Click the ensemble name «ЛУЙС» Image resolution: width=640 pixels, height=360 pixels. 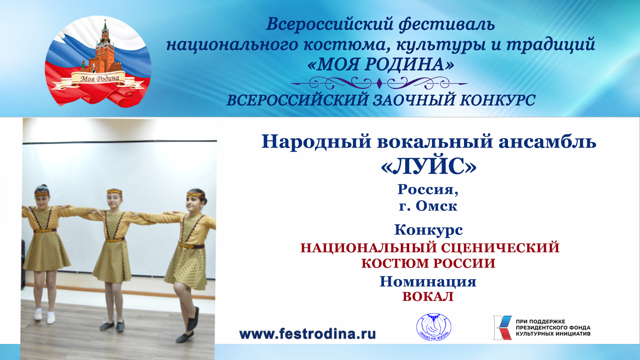coord(428,167)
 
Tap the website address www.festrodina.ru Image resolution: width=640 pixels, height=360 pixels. coord(308,334)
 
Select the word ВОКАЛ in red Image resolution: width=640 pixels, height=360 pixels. coord(428,296)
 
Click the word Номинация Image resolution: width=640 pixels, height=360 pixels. coord(428,282)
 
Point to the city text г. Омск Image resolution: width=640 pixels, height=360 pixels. coord(428,206)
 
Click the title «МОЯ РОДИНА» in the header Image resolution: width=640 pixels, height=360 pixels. coord(381,64)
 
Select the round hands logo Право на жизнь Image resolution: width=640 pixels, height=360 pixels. coord(434,327)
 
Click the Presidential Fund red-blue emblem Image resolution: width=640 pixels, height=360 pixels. coord(503,328)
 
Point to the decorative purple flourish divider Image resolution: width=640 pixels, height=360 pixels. coord(379,84)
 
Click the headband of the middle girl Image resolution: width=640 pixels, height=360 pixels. coord(114,191)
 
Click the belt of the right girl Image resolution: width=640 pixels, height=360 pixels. coord(192,246)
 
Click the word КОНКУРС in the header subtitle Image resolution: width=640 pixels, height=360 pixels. coord(498,100)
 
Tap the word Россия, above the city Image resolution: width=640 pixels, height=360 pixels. coord(428,190)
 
